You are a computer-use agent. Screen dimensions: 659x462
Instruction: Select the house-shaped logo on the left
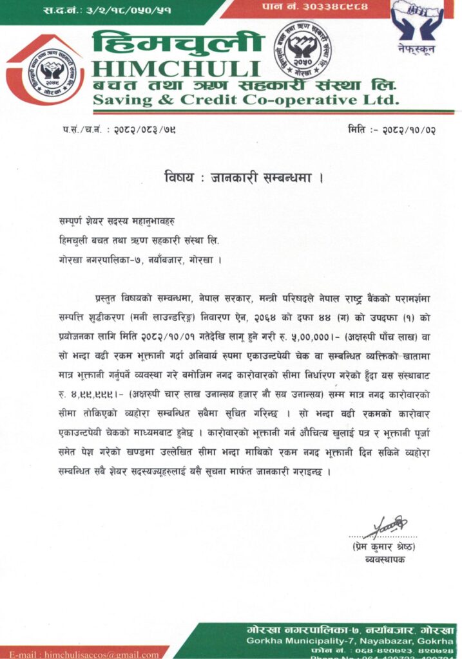click(x=45, y=70)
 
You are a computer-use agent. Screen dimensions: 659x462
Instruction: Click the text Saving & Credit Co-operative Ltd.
click(x=245, y=100)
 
